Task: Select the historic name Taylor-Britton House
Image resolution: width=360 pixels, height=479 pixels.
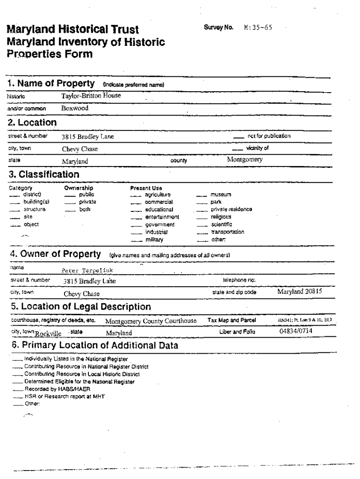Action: (91, 95)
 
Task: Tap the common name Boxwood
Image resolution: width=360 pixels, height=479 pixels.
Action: (75, 108)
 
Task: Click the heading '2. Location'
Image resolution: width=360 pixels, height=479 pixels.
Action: (32, 123)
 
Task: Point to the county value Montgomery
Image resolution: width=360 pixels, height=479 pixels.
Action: (245, 160)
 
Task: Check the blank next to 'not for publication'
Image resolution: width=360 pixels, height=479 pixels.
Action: (238, 137)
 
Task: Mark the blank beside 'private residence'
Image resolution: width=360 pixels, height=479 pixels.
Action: (202, 210)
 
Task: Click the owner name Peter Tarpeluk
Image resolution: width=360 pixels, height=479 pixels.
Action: (87, 270)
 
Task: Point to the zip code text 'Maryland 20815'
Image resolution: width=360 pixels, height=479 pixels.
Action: (300, 291)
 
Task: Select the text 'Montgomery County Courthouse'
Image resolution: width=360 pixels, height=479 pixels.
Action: (151, 321)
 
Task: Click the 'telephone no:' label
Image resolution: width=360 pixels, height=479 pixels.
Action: (239, 280)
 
